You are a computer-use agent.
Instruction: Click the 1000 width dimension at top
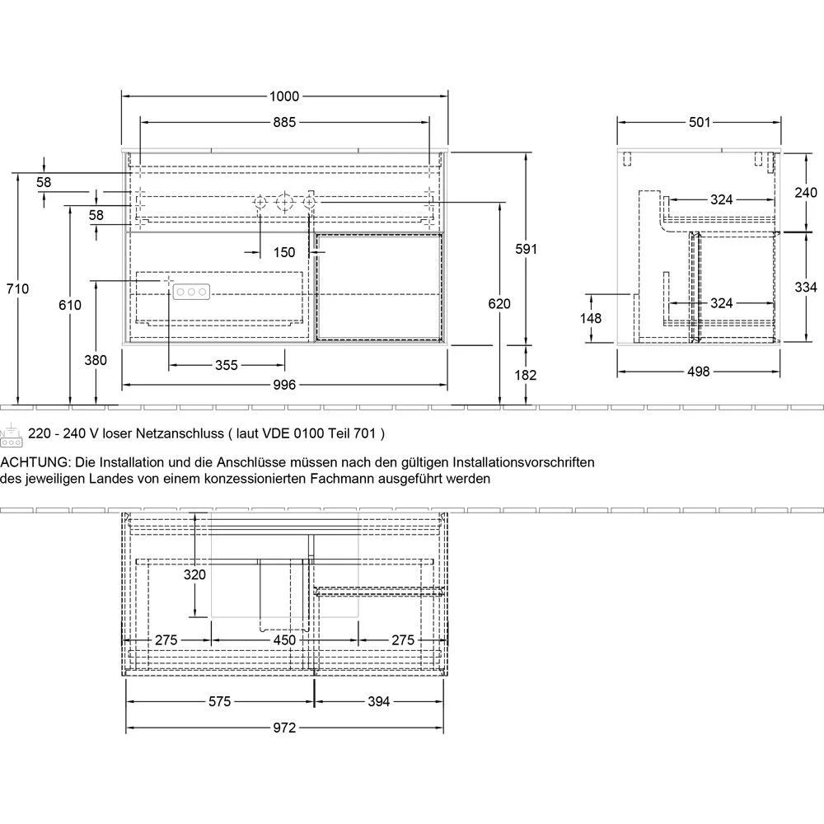[284, 96]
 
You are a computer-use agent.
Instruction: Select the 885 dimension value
[284, 123]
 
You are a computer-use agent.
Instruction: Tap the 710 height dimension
[18, 288]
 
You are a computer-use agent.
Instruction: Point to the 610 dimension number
[70, 305]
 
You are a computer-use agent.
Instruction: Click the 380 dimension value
[96, 360]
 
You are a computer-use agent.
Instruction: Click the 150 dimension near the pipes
[284, 252]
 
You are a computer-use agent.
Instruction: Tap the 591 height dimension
[525, 249]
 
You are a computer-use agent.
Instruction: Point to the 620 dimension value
[499, 303]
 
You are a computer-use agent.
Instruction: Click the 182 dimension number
[525, 375]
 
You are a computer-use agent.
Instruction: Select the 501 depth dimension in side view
[699, 123]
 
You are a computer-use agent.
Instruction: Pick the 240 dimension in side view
[805, 193]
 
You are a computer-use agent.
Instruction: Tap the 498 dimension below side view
[698, 371]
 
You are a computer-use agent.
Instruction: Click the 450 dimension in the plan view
[284, 640]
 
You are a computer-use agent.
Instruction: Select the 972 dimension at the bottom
[284, 728]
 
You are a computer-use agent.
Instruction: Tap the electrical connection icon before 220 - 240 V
[11, 434]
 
